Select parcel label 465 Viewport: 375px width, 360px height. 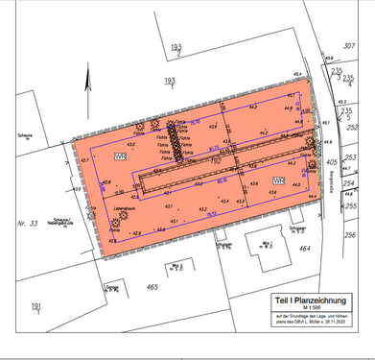tap(152, 286)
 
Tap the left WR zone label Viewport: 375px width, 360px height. tap(120, 156)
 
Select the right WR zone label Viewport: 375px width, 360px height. tap(278, 180)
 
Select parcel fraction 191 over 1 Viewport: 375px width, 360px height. tap(35, 307)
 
